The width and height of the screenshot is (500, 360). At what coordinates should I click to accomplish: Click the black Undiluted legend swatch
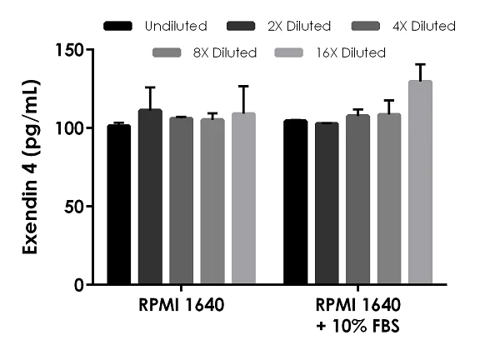pyautogui.click(x=119, y=27)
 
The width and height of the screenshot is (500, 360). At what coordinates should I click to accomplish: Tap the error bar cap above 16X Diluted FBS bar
pyautogui.click(x=420, y=64)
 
